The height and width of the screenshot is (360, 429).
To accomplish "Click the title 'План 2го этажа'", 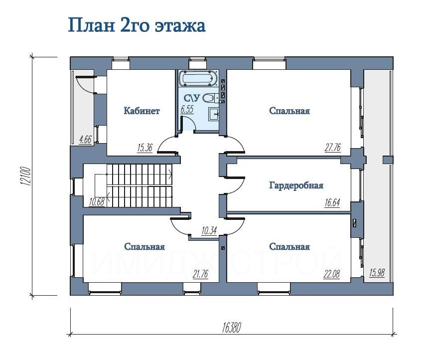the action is [137, 26].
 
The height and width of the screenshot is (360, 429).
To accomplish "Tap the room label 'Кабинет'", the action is [142, 111].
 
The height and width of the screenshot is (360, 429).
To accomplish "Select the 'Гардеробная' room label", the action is [296, 185].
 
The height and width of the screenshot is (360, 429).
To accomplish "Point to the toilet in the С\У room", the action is [210, 98].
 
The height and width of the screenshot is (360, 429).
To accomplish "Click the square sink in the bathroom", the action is [213, 114].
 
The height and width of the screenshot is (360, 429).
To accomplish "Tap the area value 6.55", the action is [187, 109].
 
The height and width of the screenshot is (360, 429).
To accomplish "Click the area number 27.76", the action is [333, 148].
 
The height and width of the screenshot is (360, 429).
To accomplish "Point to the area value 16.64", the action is [332, 203].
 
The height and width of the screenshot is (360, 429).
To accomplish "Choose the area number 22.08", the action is [332, 274].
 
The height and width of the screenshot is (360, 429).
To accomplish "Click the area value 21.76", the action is [200, 274].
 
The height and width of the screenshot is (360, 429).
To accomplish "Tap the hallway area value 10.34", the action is [209, 231].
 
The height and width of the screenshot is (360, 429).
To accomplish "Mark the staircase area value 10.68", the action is [97, 202].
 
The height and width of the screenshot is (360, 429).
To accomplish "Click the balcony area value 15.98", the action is [377, 273].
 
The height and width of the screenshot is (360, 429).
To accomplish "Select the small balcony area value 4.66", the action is [85, 140].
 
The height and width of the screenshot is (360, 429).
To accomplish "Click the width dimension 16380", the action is [232, 328].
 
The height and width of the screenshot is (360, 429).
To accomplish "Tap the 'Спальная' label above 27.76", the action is [289, 111].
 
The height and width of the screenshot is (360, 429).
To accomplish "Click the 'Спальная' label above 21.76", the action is [144, 247].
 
